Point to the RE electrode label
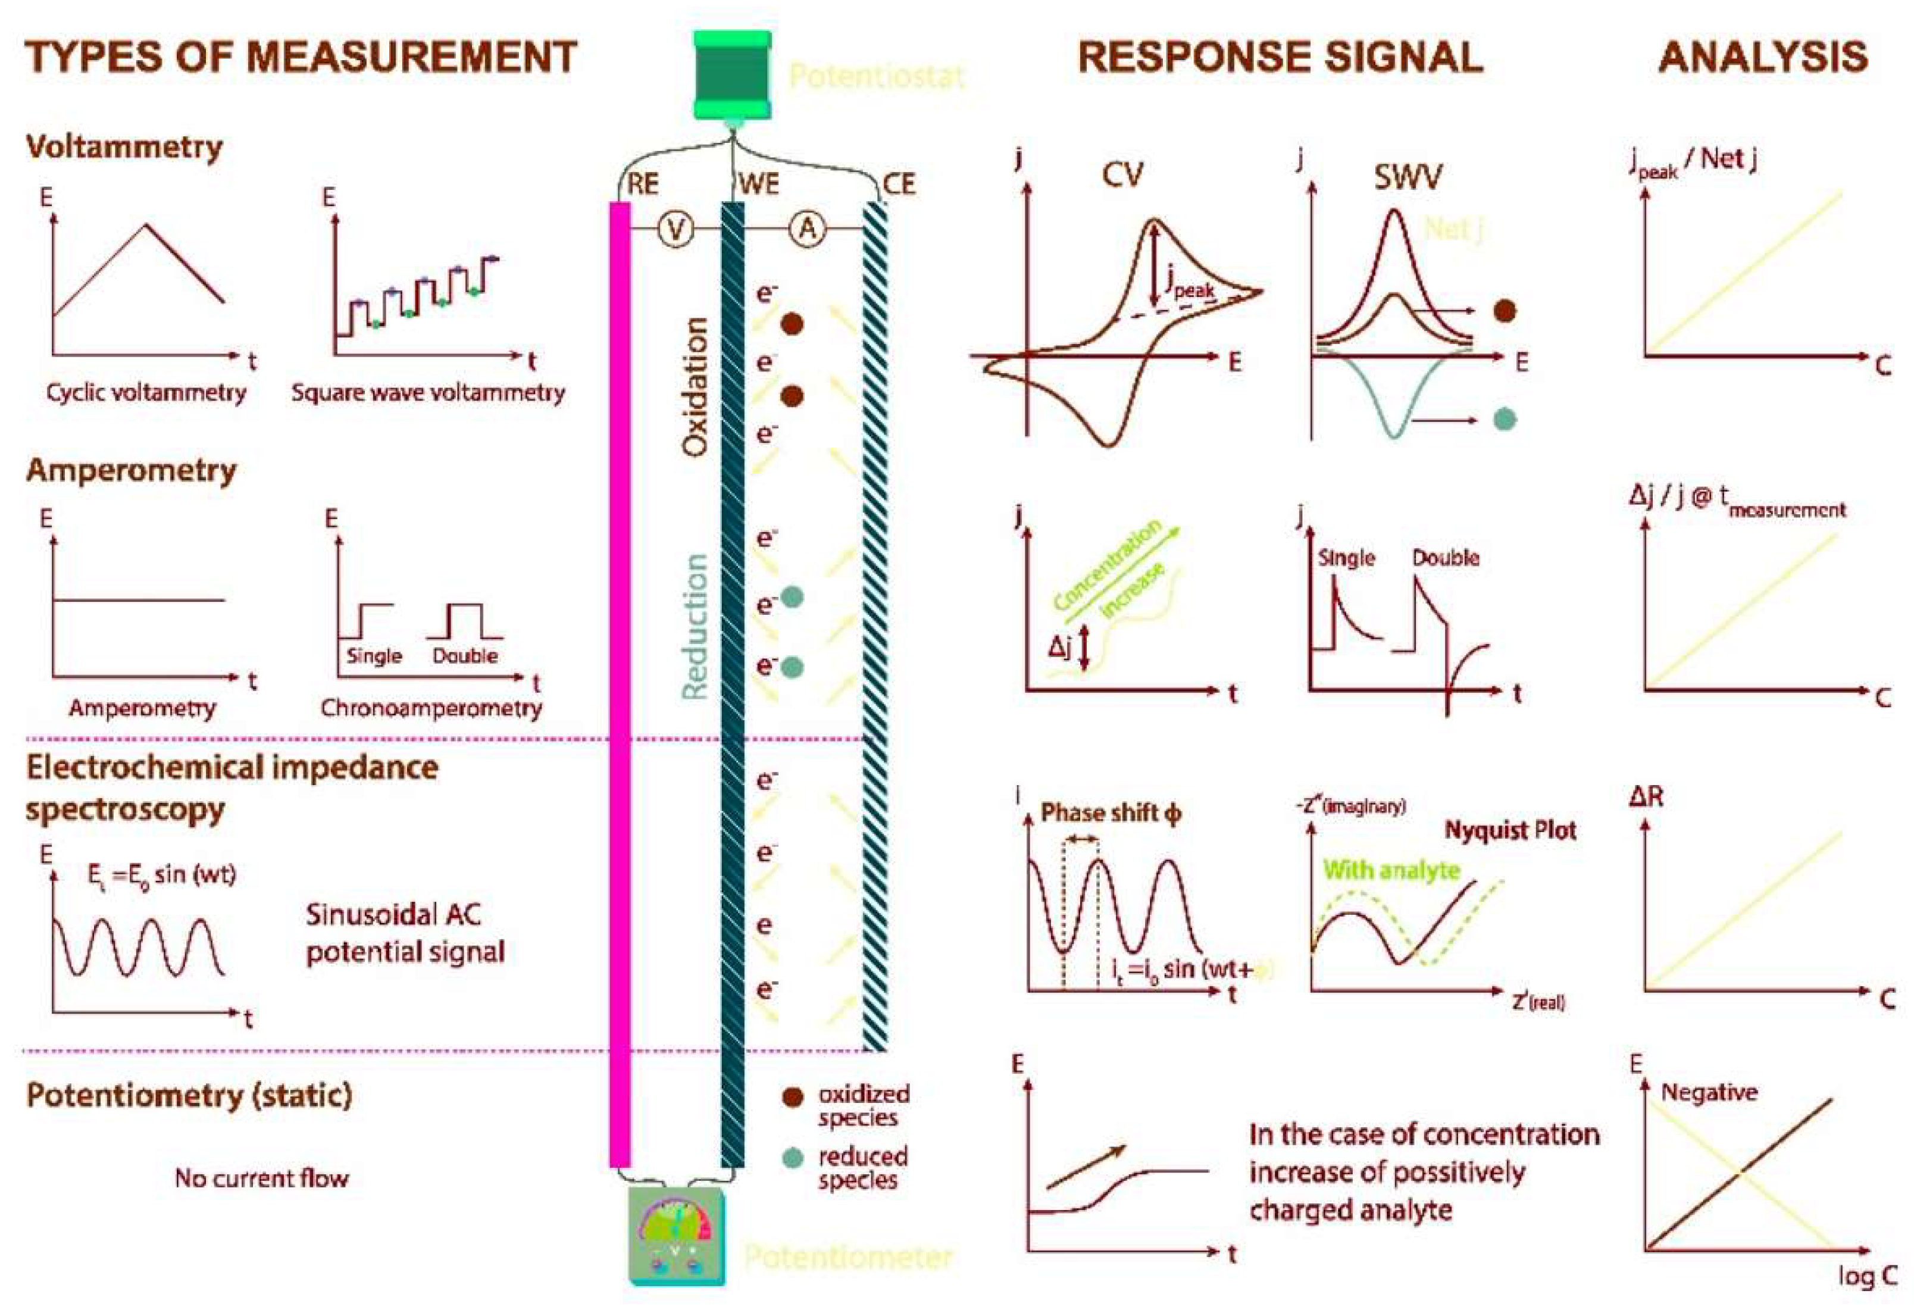pos(643,184)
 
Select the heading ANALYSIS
pos(1762,58)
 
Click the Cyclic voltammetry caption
pos(146,393)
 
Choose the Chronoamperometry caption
pos(431,708)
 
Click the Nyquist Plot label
pos(1510,830)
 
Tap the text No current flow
pos(262,1178)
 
